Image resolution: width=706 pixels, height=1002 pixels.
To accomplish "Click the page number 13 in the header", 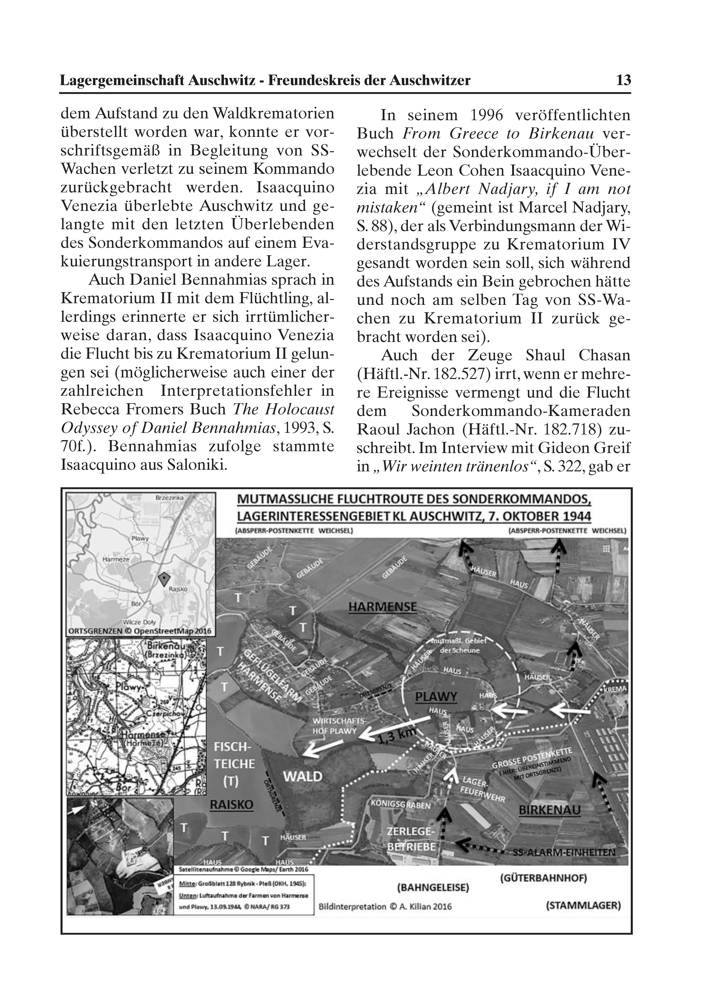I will [x=623, y=80].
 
